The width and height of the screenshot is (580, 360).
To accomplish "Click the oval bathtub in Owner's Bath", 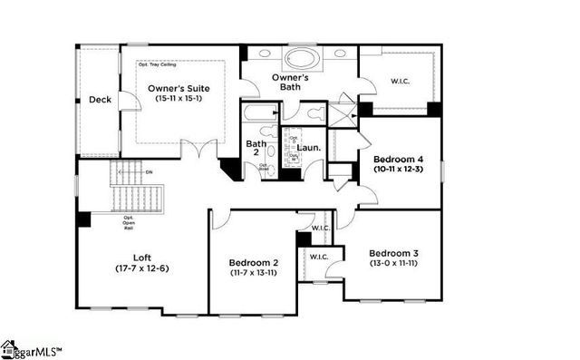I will coord(303,60).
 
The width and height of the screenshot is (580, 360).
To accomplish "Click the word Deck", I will coord(100,101).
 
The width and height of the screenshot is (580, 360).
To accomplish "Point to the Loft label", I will coord(140,257).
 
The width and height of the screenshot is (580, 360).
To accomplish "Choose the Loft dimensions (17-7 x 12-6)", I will coord(141,268).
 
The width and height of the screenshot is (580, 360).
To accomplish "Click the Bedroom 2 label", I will coord(254,263).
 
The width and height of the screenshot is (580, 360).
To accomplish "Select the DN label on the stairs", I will coord(150,172).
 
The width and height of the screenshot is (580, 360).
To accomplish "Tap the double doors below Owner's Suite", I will coord(198,148).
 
